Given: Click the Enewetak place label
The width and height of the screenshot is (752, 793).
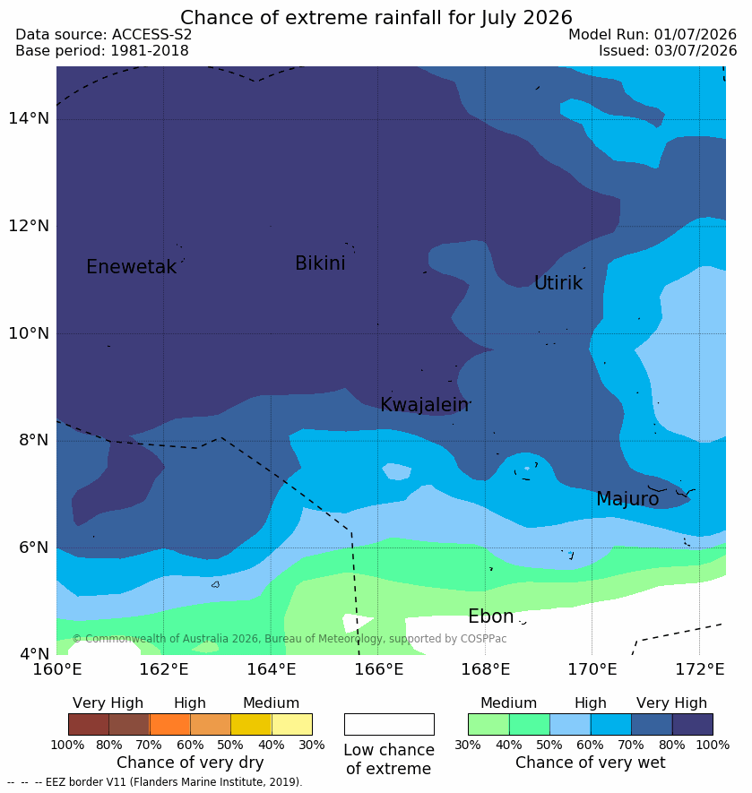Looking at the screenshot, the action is (x=132, y=266).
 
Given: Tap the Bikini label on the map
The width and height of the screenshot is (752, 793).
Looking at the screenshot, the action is (x=320, y=263).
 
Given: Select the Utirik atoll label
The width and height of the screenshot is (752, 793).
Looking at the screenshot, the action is (x=558, y=283).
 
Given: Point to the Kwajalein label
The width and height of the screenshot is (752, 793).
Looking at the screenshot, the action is (x=425, y=405).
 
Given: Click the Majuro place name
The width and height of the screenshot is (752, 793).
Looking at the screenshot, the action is (x=627, y=499).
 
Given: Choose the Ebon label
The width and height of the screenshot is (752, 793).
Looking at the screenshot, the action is (x=491, y=616).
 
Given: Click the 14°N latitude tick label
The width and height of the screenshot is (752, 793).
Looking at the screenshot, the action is (x=29, y=118).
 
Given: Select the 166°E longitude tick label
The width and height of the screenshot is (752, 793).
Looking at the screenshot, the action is (x=378, y=669).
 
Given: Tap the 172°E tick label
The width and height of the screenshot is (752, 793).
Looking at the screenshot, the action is (x=700, y=669).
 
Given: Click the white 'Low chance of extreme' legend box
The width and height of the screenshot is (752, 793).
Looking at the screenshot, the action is (x=389, y=724).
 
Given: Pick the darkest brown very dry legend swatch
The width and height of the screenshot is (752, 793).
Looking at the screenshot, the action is (x=89, y=724).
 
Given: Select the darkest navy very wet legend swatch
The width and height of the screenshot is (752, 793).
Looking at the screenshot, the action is (x=692, y=724).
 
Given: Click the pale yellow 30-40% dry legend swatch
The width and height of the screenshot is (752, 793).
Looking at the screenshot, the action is (x=292, y=724).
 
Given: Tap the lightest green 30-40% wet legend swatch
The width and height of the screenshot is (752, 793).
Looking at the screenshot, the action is (x=488, y=724).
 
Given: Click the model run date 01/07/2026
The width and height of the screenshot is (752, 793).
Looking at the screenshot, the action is (x=695, y=34).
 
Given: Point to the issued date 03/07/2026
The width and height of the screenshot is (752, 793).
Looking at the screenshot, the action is (x=696, y=50).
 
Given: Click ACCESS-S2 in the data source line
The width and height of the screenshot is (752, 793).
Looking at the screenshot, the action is (x=151, y=34).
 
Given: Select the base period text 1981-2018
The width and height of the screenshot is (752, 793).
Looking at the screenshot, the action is (x=150, y=50).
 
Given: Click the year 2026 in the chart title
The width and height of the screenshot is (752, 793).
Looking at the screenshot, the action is (x=548, y=18).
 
